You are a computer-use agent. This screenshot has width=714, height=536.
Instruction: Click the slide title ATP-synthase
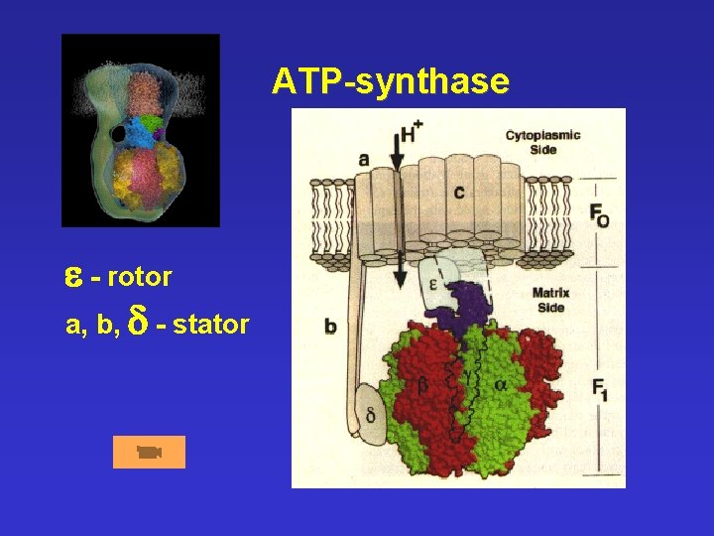(391, 80)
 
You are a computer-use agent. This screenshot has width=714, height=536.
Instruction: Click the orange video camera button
(149, 452)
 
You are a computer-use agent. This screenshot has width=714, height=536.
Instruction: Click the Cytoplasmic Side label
(542, 142)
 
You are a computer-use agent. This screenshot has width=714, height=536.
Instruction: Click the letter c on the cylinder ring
(458, 192)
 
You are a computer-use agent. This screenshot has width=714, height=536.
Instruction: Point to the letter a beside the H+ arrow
(364, 158)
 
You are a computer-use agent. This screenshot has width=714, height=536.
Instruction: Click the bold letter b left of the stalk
(330, 326)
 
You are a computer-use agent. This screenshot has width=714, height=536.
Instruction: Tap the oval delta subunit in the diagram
(370, 410)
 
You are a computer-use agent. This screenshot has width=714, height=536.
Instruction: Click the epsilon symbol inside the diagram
(432, 282)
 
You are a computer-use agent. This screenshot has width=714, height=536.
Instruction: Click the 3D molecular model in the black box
(141, 130)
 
